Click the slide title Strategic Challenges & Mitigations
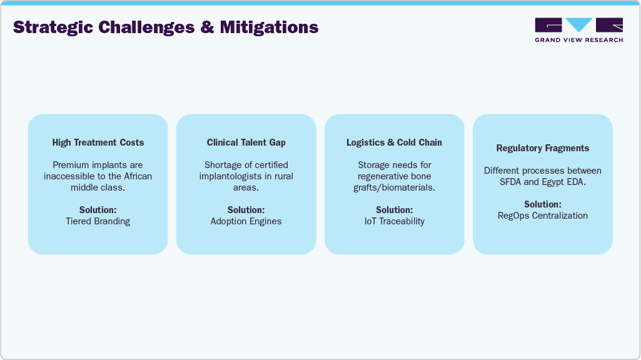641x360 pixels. coord(166,27)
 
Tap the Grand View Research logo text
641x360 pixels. coord(578,40)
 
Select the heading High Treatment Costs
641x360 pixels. coord(98,142)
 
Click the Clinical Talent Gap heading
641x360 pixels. coord(246,142)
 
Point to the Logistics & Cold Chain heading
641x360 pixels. coord(394,142)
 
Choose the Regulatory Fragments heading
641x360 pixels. coord(543,148)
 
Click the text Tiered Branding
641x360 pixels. coord(98,221)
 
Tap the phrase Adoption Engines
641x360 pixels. coord(246,221)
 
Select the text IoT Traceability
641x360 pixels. coord(394,221)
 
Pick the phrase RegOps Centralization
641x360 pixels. coord(543,216)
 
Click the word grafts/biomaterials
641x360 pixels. coord(394,187)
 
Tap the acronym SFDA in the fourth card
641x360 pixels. coord(509,182)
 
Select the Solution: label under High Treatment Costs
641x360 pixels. coord(98,210)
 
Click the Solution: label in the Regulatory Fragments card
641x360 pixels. coord(543,204)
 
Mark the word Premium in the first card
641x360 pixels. coord(71,165)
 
